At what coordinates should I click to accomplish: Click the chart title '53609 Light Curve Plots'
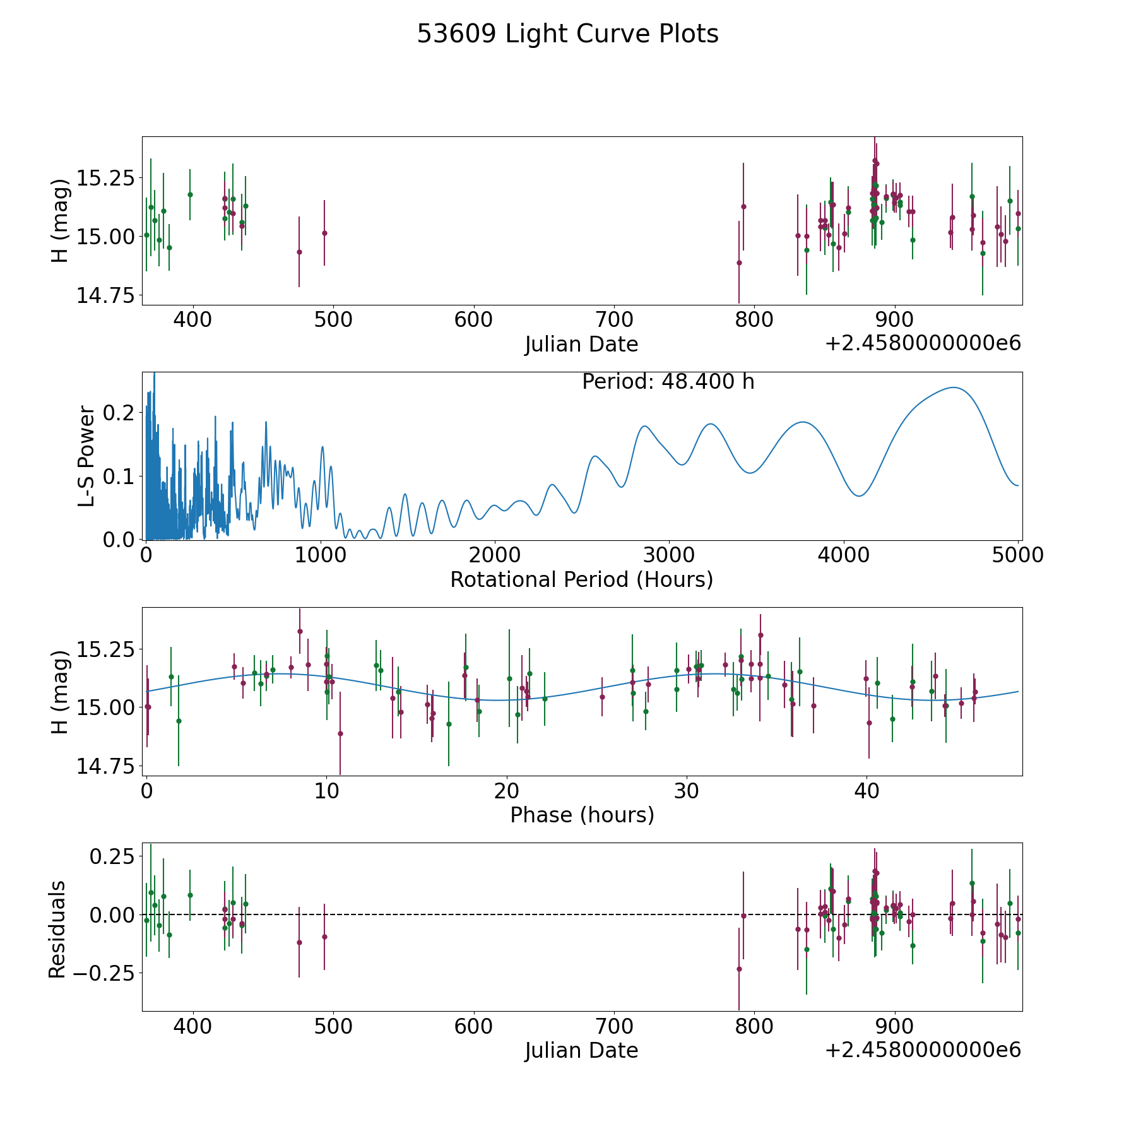point(567,34)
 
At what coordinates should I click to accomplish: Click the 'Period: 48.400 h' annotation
point(668,382)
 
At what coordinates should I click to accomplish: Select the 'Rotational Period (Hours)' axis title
point(581,579)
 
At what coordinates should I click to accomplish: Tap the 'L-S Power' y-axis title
point(87,456)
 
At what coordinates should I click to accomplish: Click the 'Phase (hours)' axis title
point(581,815)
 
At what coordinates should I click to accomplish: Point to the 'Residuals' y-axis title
point(57,929)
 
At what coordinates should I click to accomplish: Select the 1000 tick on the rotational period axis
point(321,555)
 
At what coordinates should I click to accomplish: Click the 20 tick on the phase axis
point(506,791)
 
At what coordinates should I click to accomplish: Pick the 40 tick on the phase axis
point(867,791)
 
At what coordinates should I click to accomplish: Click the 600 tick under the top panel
point(473,320)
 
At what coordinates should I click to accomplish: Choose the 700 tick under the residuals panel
point(614,1026)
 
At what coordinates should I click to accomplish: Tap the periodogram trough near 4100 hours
point(858,496)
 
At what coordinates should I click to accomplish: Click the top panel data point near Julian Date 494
point(324,233)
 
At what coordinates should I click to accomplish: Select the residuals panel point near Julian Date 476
point(299,942)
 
